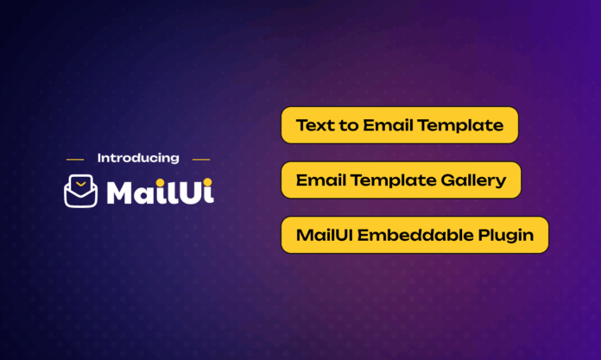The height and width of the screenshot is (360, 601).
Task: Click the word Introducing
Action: pos(138,158)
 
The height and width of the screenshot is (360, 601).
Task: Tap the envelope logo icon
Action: pos(80,191)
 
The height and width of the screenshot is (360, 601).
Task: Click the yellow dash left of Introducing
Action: pos(75,160)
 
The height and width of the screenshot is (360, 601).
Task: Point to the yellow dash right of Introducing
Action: pos(201,160)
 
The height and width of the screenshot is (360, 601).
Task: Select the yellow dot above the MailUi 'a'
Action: pos(161,182)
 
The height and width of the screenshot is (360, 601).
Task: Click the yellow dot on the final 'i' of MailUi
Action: pos(208,182)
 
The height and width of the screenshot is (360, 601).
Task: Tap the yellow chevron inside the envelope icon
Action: pos(81,184)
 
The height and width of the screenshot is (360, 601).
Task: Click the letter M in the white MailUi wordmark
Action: pos(120,193)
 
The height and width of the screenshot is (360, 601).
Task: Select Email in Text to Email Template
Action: pos(388,125)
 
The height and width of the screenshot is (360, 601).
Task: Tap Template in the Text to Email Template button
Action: pos(460,126)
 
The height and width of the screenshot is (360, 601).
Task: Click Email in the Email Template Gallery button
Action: pos(321,180)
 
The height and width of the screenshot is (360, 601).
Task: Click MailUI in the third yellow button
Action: pos(325,235)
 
